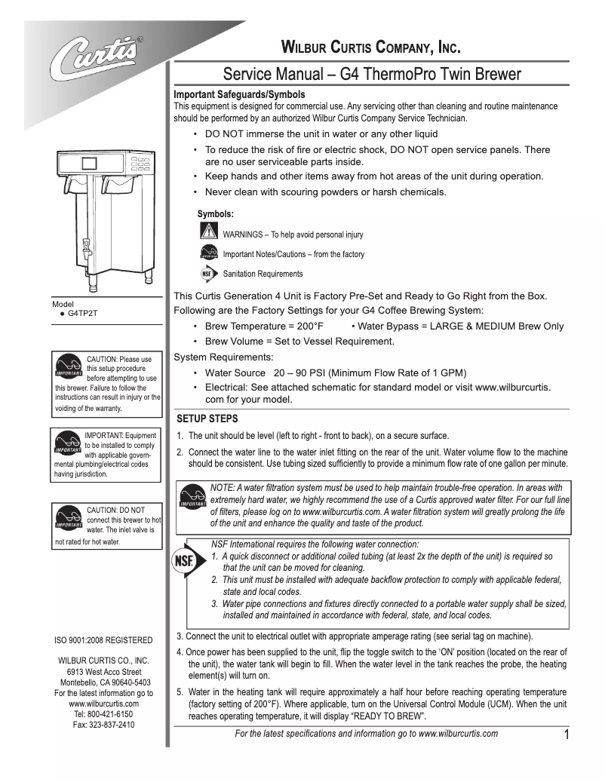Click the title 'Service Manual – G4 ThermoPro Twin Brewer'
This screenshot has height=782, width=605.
pyautogui.click(x=371, y=75)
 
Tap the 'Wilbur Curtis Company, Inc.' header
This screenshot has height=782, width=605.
pyautogui.click(x=370, y=49)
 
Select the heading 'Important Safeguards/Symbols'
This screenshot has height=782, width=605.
pyautogui.click(x=239, y=95)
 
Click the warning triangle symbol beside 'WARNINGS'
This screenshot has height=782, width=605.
pyautogui.click(x=209, y=231)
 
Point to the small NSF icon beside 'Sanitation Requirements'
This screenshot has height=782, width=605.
pyautogui.click(x=209, y=274)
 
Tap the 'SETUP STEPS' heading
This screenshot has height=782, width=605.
pyautogui.click(x=207, y=419)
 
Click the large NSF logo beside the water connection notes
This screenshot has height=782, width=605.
pyautogui.click(x=183, y=562)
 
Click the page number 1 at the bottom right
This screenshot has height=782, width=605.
pyautogui.click(x=567, y=736)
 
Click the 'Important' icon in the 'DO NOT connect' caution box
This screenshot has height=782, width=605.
pyautogui.click(x=69, y=518)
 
